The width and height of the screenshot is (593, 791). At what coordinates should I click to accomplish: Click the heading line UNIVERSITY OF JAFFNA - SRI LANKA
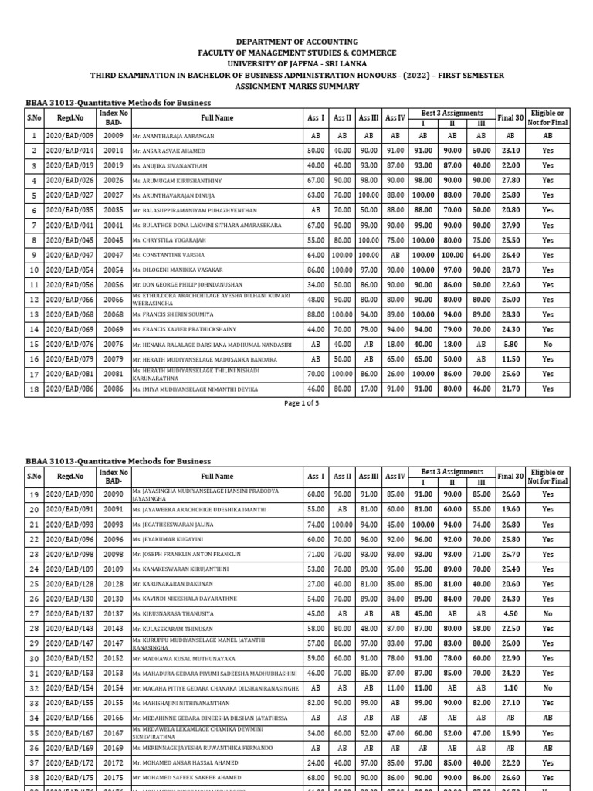(x=296, y=63)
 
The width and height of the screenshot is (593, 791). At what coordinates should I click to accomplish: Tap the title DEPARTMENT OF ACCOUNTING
(x=296, y=42)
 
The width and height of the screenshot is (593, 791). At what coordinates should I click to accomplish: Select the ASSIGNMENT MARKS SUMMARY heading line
(x=296, y=87)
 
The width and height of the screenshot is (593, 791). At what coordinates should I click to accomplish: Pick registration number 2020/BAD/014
(x=69, y=151)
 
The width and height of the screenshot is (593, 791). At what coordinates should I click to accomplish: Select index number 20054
(x=114, y=270)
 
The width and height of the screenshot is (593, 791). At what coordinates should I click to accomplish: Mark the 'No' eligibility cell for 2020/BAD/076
(x=547, y=345)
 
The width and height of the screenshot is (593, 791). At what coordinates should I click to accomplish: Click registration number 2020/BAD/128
(x=69, y=584)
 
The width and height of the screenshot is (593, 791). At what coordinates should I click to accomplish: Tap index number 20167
(x=114, y=732)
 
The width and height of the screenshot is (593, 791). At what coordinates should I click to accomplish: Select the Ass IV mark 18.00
(x=395, y=345)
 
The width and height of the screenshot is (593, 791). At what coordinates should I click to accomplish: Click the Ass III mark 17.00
(x=369, y=389)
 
